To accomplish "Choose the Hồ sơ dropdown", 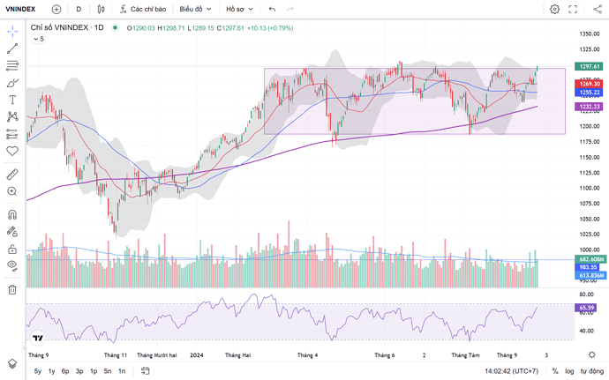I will coord(238,9).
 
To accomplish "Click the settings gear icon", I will coord(554,9).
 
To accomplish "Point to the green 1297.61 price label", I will coord(590,66).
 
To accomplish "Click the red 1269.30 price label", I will coord(590,84).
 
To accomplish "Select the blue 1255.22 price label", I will coord(590,93).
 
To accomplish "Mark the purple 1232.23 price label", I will coord(590,107).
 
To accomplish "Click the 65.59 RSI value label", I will coord(587,308).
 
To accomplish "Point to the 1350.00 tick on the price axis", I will coord(589,34).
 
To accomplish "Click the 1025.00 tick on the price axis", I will coord(589,234).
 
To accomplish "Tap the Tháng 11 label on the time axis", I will coord(116,354).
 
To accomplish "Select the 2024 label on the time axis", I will coord(196,354).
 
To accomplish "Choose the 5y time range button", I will coord(38,371).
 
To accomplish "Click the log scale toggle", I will coord(569,371).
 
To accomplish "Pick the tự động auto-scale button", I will coord(590,371).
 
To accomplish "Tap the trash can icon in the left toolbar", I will coord(12,288).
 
